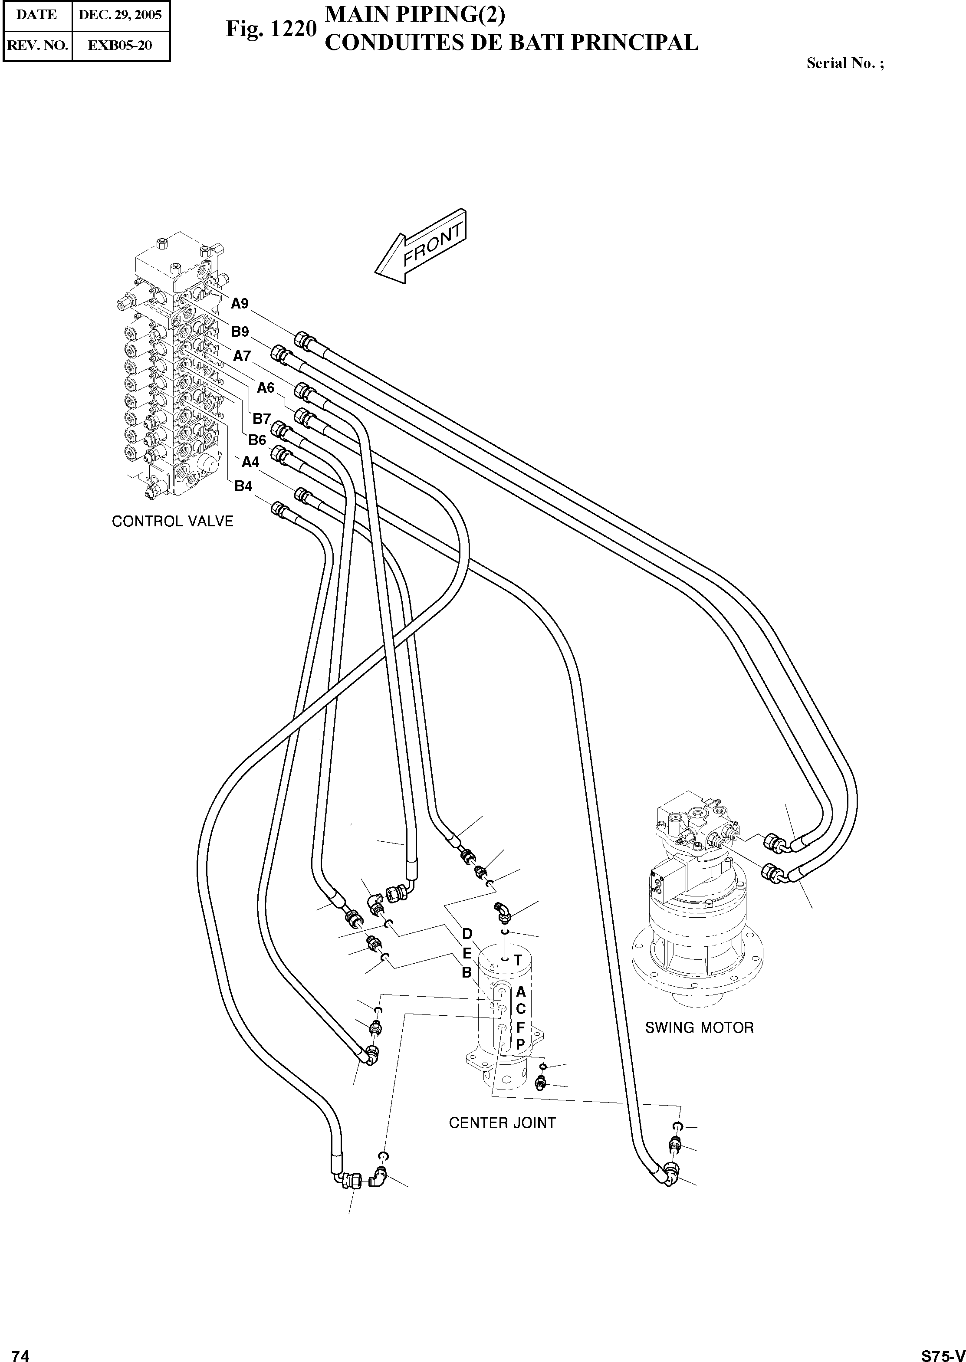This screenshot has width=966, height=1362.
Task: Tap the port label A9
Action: click(x=240, y=304)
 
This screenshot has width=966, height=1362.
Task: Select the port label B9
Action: click(x=240, y=331)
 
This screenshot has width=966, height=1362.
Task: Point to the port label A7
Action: click(x=241, y=356)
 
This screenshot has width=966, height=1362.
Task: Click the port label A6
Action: click(x=265, y=388)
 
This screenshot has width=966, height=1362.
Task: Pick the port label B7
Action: click(x=262, y=419)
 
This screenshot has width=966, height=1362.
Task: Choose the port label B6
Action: click(x=257, y=440)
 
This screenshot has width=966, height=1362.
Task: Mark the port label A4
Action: click(x=250, y=462)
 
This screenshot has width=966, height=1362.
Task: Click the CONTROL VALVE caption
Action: click(x=173, y=522)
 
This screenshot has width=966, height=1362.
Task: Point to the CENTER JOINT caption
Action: click(x=502, y=1123)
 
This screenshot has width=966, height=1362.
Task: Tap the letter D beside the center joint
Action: click(x=467, y=934)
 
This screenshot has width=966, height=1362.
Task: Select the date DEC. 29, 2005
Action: click(x=121, y=15)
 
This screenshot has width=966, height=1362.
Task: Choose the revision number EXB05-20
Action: click(x=120, y=45)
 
